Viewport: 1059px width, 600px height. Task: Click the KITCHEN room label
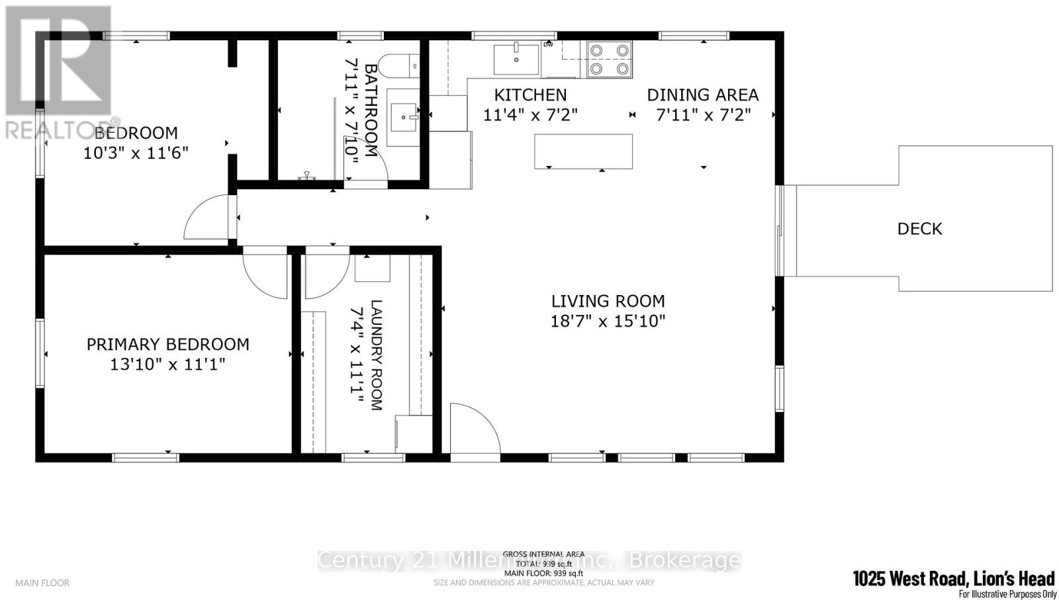(x=530, y=95)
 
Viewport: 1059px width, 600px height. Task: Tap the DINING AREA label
(x=702, y=95)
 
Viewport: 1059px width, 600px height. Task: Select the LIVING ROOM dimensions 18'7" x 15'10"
(x=608, y=321)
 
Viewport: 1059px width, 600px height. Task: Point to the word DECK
(x=919, y=229)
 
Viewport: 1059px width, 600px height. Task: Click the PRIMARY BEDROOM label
(x=168, y=344)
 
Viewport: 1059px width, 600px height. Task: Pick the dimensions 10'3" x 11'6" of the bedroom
(x=136, y=153)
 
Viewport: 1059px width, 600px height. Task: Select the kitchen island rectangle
(x=583, y=151)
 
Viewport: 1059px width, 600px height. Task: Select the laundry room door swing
(x=325, y=273)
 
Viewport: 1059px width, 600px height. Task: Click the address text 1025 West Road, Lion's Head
(x=953, y=579)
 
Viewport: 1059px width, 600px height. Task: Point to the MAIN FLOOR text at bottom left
(x=42, y=583)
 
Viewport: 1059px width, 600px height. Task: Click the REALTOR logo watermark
(x=58, y=73)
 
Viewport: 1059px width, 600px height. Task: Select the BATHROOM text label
(x=371, y=110)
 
